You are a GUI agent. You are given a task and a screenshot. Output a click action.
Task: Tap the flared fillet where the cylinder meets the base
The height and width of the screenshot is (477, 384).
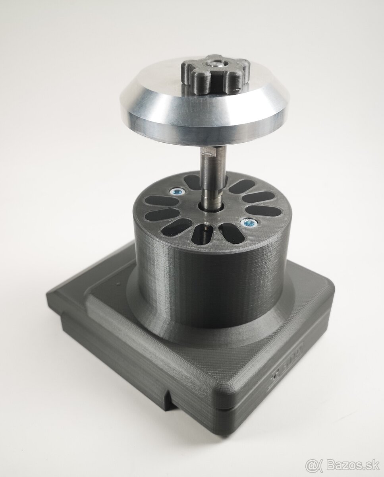(159, 318)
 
